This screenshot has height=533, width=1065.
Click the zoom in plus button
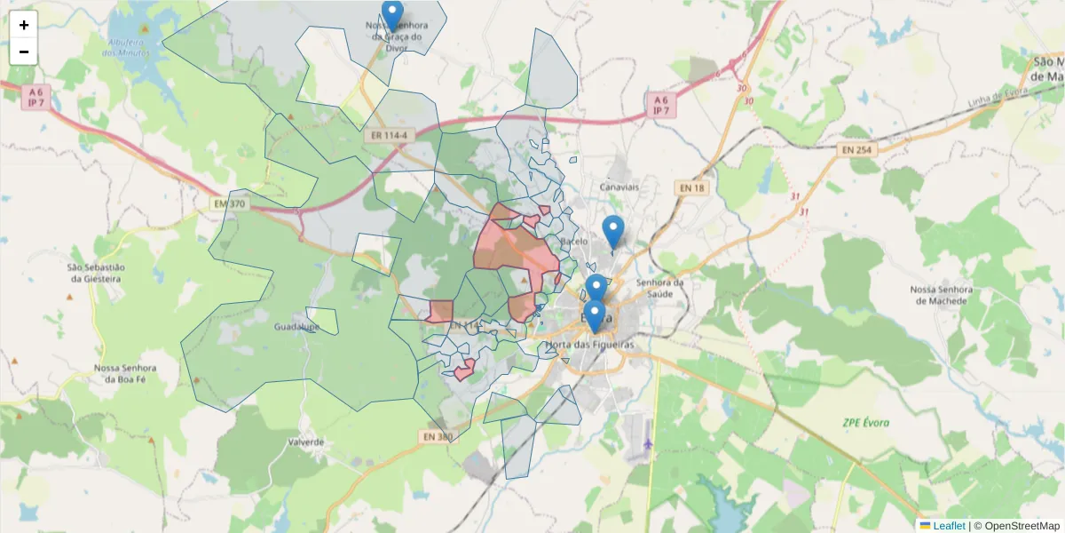(24, 25)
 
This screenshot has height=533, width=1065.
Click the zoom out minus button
(24, 52)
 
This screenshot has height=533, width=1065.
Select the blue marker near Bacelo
(612, 231)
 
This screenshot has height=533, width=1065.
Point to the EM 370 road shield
(229, 204)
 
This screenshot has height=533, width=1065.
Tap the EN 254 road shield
(858, 150)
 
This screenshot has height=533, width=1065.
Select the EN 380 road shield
(438, 436)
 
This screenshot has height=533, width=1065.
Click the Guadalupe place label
(296, 327)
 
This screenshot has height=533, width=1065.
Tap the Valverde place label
(306, 442)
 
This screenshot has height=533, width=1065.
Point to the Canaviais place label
(619, 188)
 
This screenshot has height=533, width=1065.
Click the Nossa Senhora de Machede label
(943, 296)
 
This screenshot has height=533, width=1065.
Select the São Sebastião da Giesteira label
(97, 273)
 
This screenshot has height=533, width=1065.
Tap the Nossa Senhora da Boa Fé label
(125, 373)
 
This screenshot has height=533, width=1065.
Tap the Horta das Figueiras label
(590, 344)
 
